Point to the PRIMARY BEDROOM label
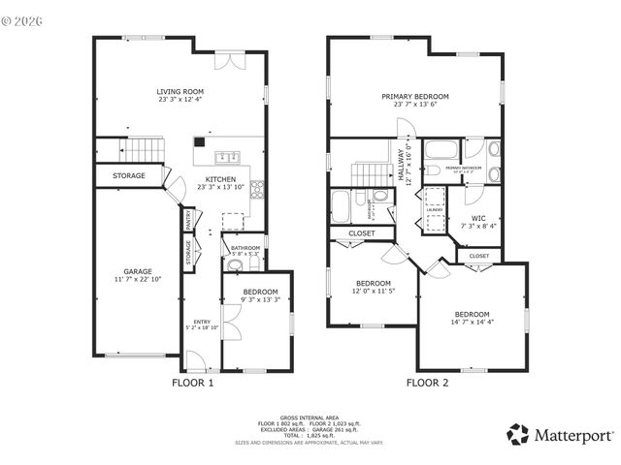(x=414, y=97)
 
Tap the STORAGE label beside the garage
(x=128, y=175)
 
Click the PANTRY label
(x=188, y=223)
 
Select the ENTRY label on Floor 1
(x=202, y=323)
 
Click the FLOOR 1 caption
(x=192, y=383)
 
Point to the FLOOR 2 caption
(x=427, y=383)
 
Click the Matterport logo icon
(x=518, y=433)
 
